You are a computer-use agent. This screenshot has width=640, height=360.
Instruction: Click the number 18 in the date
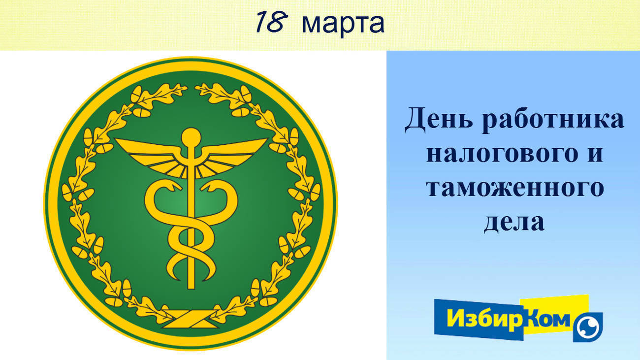click(272, 22)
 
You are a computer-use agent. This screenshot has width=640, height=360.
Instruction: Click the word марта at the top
click(343, 24)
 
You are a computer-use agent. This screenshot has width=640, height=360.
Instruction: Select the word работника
click(553, 120)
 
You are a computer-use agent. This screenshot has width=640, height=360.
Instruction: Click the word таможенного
click(515, 189)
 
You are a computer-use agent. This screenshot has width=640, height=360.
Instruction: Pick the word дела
click(514, 223)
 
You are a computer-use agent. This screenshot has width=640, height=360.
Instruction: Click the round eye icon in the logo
click(588, 327)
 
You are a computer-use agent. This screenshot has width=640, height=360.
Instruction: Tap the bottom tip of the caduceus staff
click(191, 288)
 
